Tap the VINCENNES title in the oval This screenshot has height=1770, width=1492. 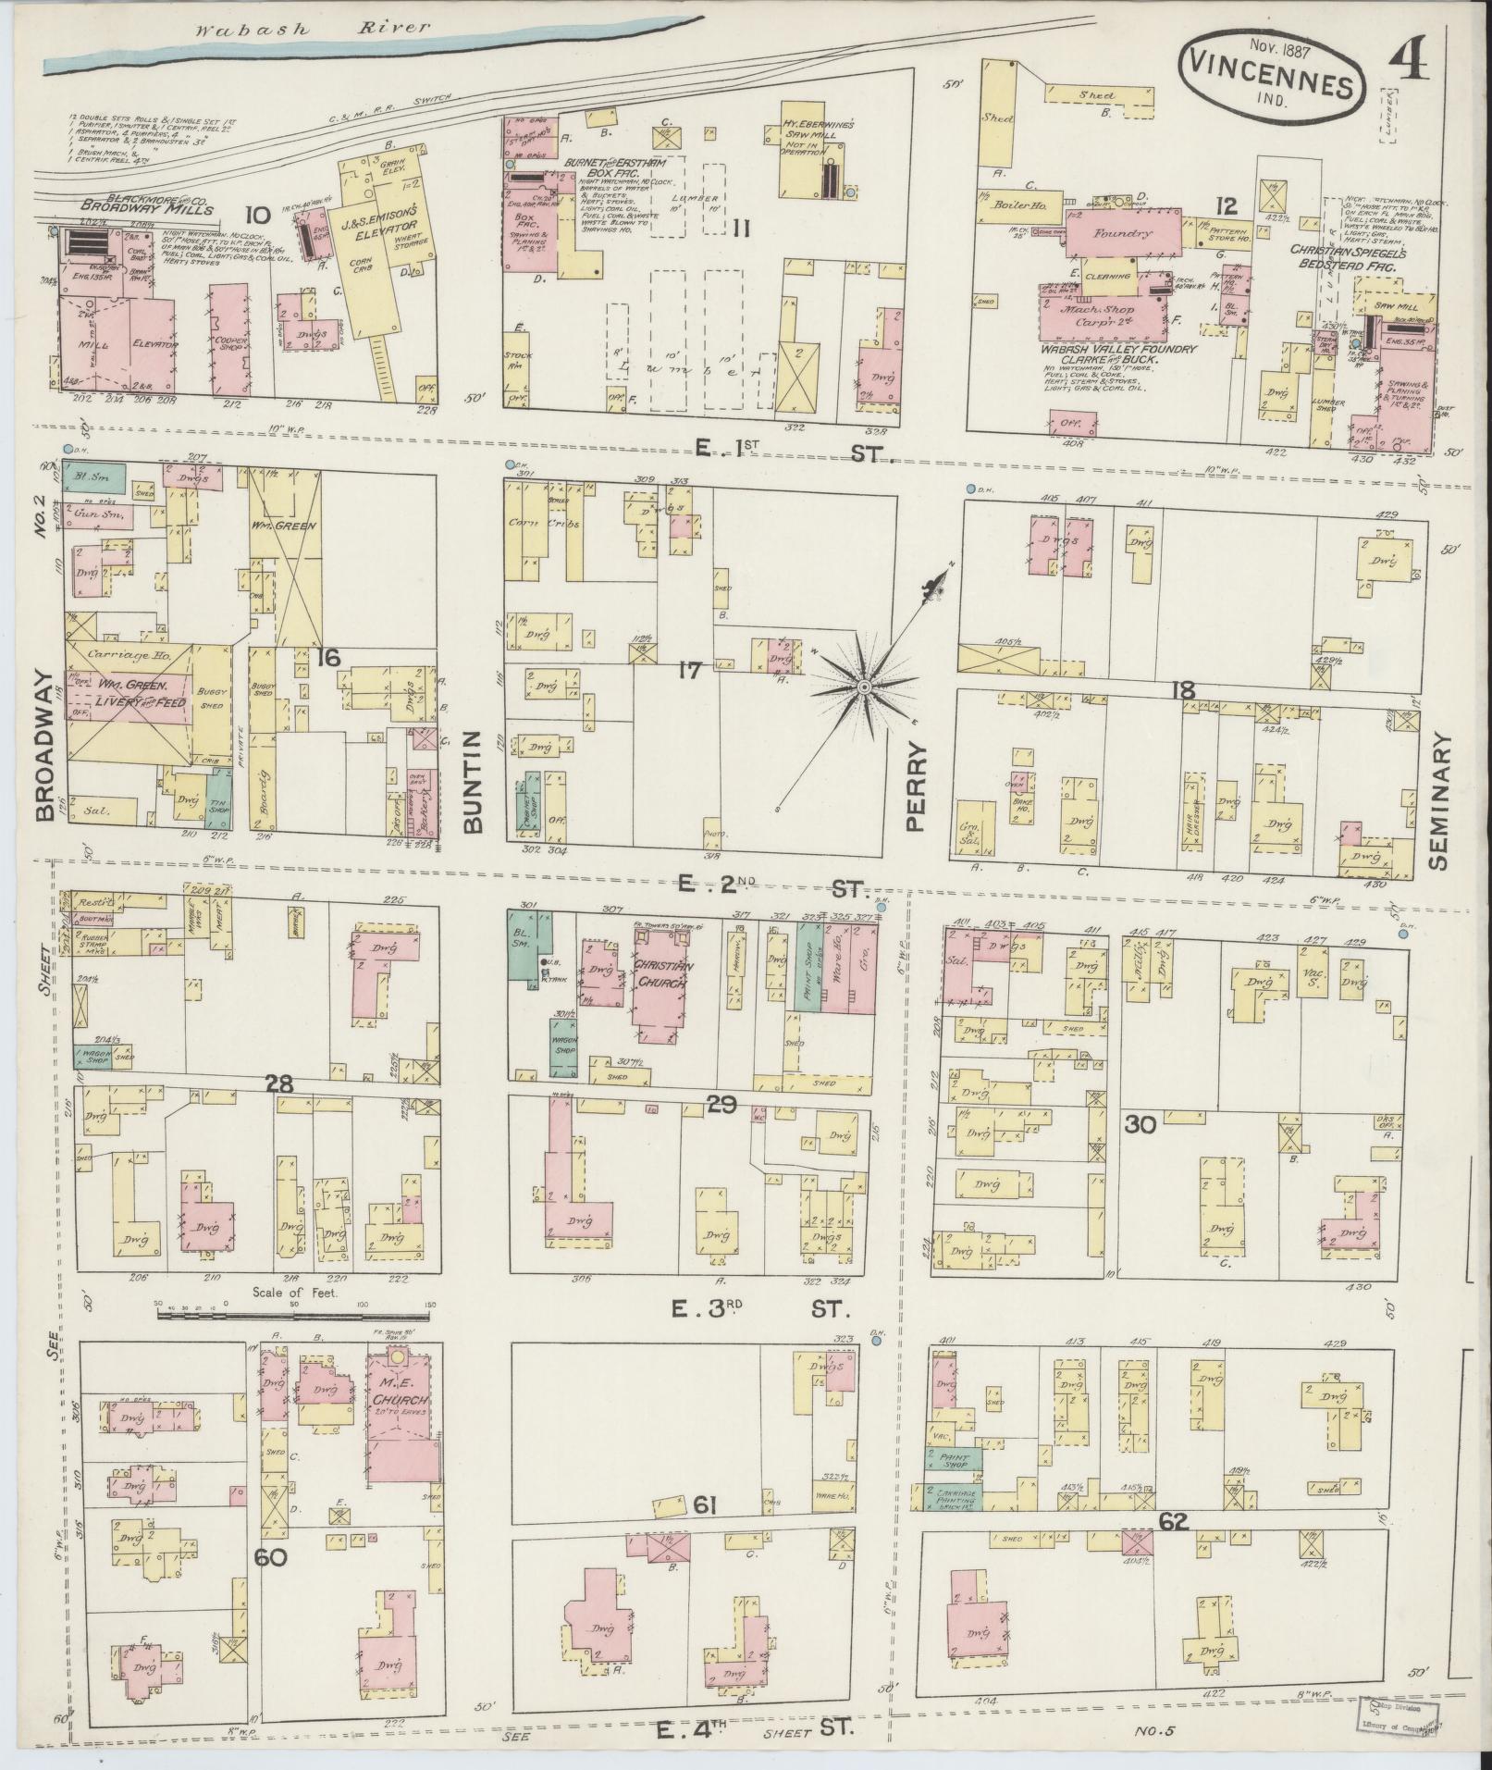point(1271,88)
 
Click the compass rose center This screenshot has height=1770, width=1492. point(863,687)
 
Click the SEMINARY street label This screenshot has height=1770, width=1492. point(1440,803)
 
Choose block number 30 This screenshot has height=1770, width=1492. point(1142,1124)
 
